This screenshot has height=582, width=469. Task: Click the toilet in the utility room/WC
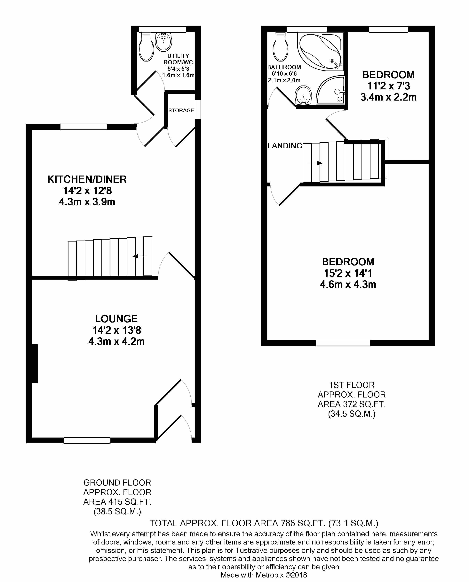146,47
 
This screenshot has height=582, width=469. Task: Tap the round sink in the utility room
163,42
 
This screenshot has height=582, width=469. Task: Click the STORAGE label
181,110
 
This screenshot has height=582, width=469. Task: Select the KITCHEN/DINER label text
87,179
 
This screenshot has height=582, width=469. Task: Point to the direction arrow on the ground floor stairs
140,256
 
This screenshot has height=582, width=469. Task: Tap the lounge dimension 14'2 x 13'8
117,330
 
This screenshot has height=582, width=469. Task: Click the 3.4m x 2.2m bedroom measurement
388,97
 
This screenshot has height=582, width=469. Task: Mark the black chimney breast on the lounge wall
35,363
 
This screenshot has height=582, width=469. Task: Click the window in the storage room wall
198,109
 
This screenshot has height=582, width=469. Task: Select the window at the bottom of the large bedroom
343,343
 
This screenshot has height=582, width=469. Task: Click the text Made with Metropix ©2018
264,575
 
